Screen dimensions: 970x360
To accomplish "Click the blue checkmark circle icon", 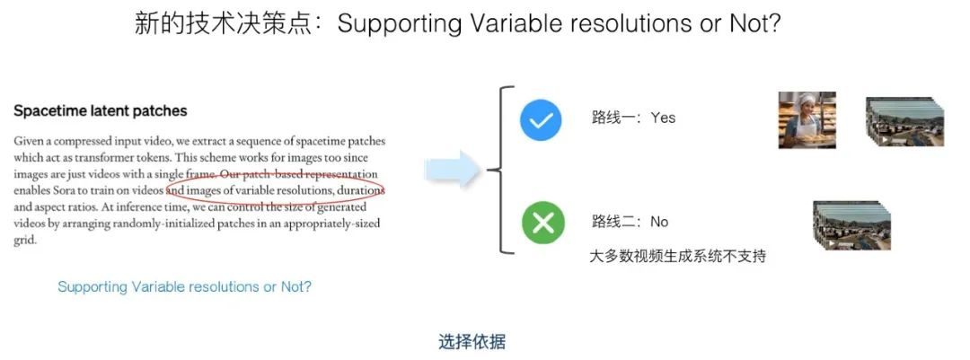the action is [541, 120].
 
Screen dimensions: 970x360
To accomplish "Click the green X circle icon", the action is [542, 222].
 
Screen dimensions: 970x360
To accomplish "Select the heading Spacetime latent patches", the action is [101, 111].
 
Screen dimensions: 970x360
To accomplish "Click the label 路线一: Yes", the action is [633, 118].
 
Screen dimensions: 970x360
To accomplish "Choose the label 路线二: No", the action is [630, 222].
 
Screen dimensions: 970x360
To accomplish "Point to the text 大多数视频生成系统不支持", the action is [678, 256].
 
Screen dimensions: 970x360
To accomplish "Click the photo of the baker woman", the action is [807, 120].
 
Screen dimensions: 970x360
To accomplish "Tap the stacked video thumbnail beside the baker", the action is [904, 121].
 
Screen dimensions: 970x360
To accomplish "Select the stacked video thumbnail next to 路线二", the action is [851, 225].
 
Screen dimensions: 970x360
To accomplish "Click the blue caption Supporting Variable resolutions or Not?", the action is [184, 287].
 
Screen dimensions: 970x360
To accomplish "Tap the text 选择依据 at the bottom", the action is [472, 341].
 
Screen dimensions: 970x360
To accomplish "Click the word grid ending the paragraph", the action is [25, 240].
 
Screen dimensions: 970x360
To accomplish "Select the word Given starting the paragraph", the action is [28, 141].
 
